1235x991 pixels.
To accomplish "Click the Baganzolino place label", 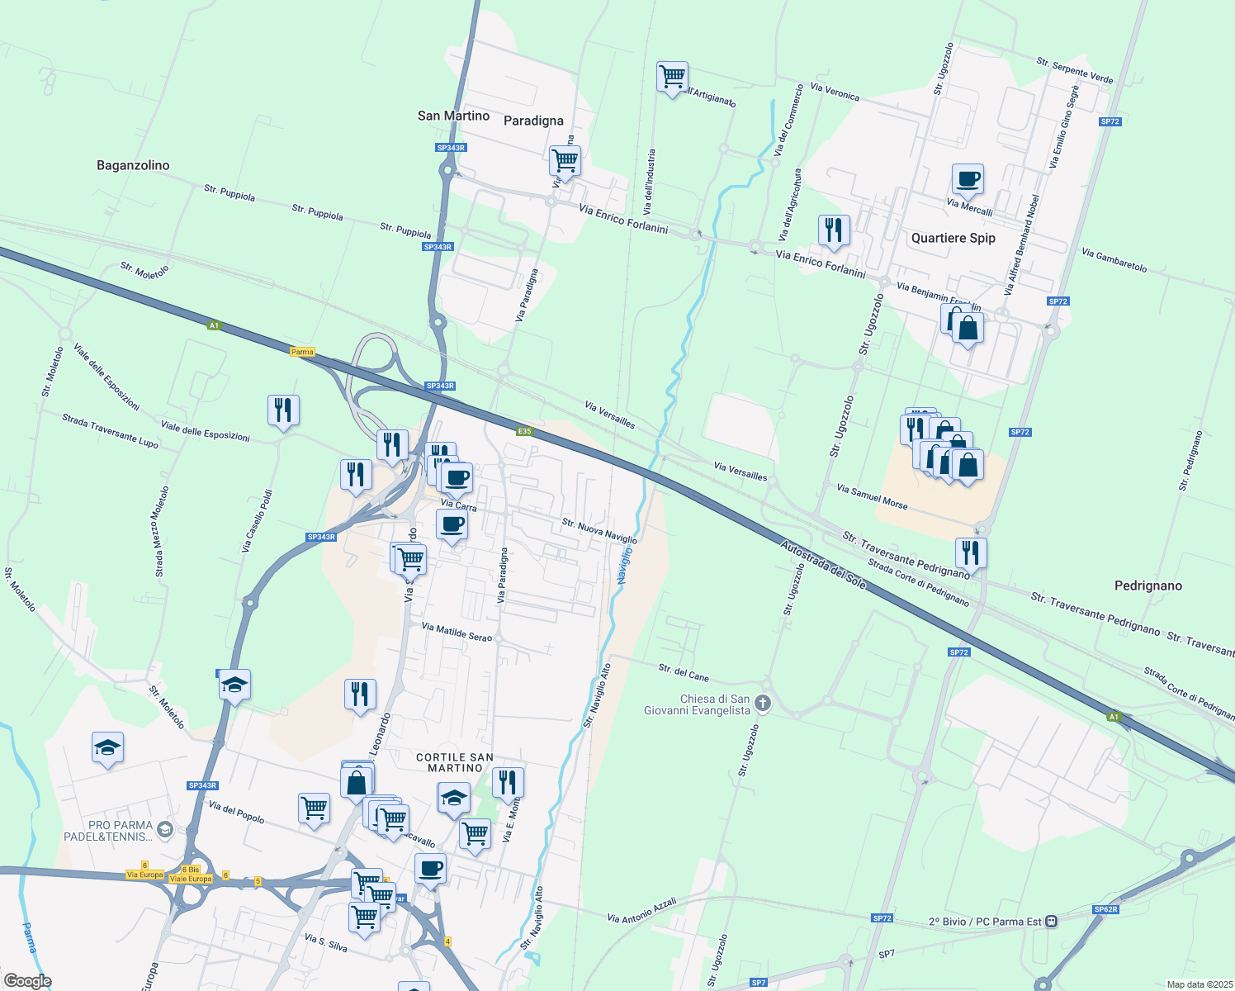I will coord(133,165).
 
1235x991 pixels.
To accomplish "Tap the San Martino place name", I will coord(453,116).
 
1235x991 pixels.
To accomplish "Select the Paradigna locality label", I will coord(533,121).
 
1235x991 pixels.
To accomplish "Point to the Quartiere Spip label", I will coord(953,238).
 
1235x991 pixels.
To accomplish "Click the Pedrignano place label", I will coord(1147,586).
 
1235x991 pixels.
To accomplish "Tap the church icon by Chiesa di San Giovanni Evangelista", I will coord(763,704).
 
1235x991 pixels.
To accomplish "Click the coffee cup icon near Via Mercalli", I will coord(968,178).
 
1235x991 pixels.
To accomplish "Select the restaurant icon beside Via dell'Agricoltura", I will coord(834,230).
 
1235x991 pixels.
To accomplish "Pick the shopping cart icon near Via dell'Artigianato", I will coord(673,77).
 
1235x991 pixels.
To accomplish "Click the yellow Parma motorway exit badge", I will coord(302,352).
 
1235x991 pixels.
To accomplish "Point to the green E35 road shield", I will coord(524,431).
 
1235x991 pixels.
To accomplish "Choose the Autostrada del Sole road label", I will coord(823,565).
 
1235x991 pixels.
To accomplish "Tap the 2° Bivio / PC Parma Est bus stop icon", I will coord(1051,921).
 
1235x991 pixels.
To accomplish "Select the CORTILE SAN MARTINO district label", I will coord(455,762).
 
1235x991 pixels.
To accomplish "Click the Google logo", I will coord(27,981).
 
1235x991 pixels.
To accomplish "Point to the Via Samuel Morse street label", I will coord(872,496).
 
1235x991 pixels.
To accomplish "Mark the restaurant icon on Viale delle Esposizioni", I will coord(283,410).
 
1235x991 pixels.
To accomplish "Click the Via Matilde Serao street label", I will coord(457,632).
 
